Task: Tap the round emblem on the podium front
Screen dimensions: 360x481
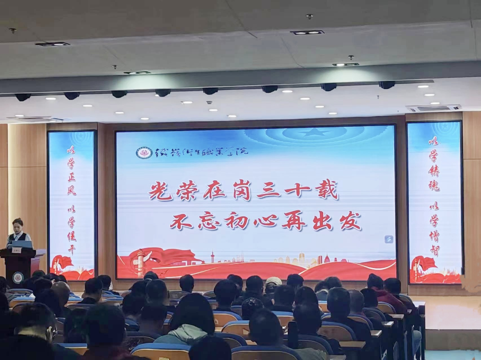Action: [x=18, y=278]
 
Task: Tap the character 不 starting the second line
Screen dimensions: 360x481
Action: [x=181, y=221]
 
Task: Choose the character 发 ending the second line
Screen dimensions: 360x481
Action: [x=350, y=221]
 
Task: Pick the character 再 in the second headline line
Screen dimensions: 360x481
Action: [x=294, y=221]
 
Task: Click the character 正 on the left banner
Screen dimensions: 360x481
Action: [x=71, y=177]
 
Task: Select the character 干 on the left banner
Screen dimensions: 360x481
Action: [x=71, y=249]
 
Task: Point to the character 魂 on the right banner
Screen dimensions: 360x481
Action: [x=434, y=185]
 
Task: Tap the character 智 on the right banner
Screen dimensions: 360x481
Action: [x=435, y=250]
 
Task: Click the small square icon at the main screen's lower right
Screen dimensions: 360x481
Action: [x=389, y=239]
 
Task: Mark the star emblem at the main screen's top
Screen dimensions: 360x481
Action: [x=315, y=132]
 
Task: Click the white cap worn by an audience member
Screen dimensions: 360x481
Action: [x=273, y=281]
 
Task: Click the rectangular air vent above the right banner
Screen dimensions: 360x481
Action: [x=433, y=108]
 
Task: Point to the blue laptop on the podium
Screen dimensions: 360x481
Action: [x=22, y=244]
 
